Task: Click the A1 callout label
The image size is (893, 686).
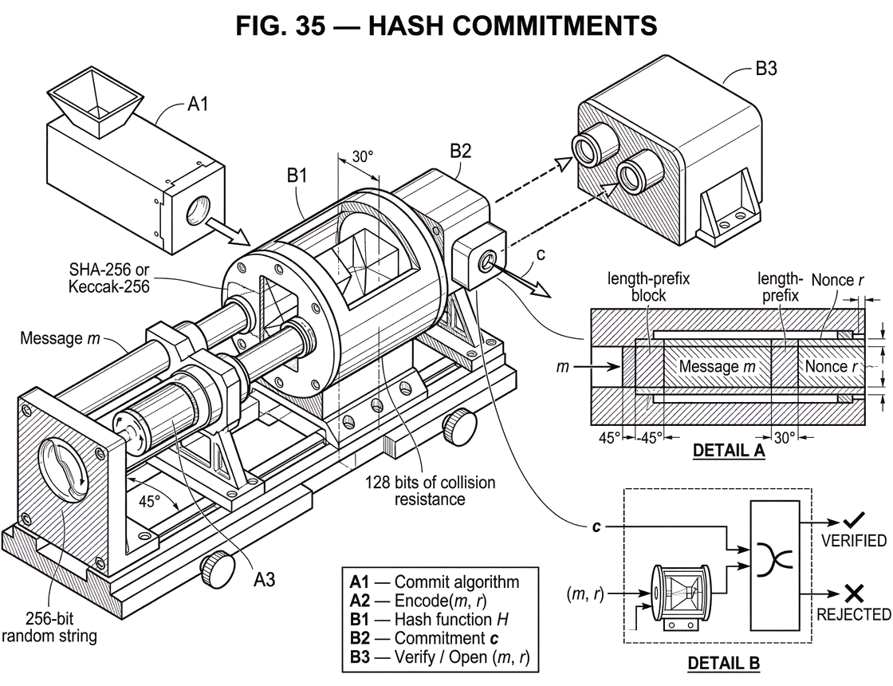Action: click(199, 104)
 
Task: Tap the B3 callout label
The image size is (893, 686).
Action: click(766, 69)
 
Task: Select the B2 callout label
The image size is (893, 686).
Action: click(461, 151)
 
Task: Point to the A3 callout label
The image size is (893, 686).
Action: click(264, 579)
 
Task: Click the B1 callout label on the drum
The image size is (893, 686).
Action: click(297, 176)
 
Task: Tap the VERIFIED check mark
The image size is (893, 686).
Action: click(854, 519)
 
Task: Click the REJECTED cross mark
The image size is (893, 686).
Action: click(854, 593)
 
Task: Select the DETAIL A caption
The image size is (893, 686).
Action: click(729, 451)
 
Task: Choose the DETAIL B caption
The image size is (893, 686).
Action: click(723, 663)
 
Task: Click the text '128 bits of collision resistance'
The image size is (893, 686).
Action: click(430, 491)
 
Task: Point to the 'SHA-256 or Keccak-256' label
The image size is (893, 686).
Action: click(109, 278)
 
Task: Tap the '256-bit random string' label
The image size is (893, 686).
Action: click(49, 627)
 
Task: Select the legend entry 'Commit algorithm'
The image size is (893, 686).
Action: click(457, 582)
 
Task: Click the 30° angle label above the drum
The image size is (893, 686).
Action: click(362, 156)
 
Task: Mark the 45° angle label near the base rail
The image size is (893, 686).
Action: click(150, 501)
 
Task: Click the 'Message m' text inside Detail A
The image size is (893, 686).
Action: click(717, 366)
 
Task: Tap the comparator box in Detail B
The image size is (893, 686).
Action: click(774, 565)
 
